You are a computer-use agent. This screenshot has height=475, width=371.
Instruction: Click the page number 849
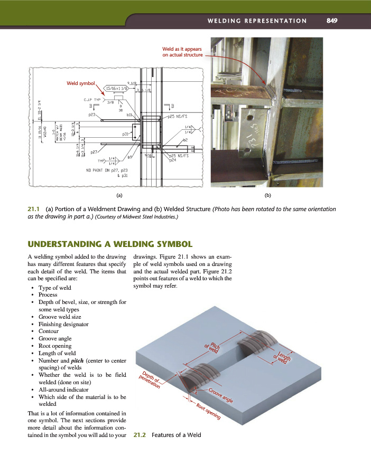(x=332, y=21)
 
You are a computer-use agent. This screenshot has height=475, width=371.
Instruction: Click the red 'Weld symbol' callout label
(x=80, y=83)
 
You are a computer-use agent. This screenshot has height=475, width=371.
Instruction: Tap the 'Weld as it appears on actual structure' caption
(x=182, y=51)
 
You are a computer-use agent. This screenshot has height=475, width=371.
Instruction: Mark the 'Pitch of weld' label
(x=212, y=346)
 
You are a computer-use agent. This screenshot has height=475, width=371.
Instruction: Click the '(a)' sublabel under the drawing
(x=119, y=195)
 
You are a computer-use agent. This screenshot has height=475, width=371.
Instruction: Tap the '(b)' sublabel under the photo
(x=268, y=195)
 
